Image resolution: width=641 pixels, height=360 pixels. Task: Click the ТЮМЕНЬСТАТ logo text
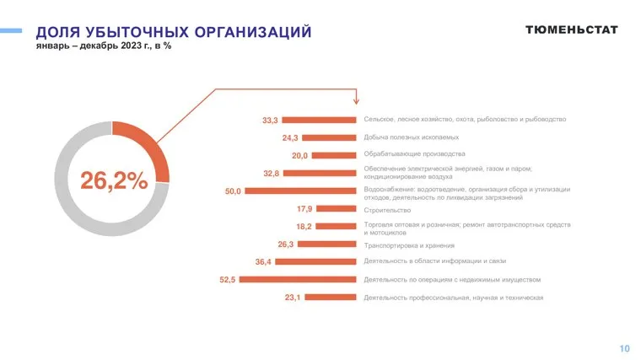tap(571, 30)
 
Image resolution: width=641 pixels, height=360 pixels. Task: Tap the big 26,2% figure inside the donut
tap(114, 180)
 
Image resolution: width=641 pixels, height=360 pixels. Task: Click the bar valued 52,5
tap(299, 279)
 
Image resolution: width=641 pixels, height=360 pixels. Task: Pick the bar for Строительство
tap(337, 208)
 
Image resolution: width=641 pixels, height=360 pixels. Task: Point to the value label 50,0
tap(233, 191)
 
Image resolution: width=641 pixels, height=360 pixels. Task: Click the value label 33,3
tap(270, 121)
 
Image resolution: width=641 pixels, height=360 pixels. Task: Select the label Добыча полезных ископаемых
tap(412, 137)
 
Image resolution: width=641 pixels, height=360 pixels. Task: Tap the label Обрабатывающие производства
tap(414, 154)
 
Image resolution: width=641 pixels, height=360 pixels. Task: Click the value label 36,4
tap(262, 261)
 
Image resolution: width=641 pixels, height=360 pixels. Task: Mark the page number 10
tap(624, 348)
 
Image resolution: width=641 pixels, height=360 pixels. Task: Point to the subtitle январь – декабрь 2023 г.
tap(93, 46)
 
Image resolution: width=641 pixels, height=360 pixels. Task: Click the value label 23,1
tap(293, 297)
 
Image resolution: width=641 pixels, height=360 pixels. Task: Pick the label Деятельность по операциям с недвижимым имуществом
tap(451, 279)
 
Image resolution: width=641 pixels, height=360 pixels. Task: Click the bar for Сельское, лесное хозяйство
tap(320, 120)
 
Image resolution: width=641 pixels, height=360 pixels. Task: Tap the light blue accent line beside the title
tap(11, 31)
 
